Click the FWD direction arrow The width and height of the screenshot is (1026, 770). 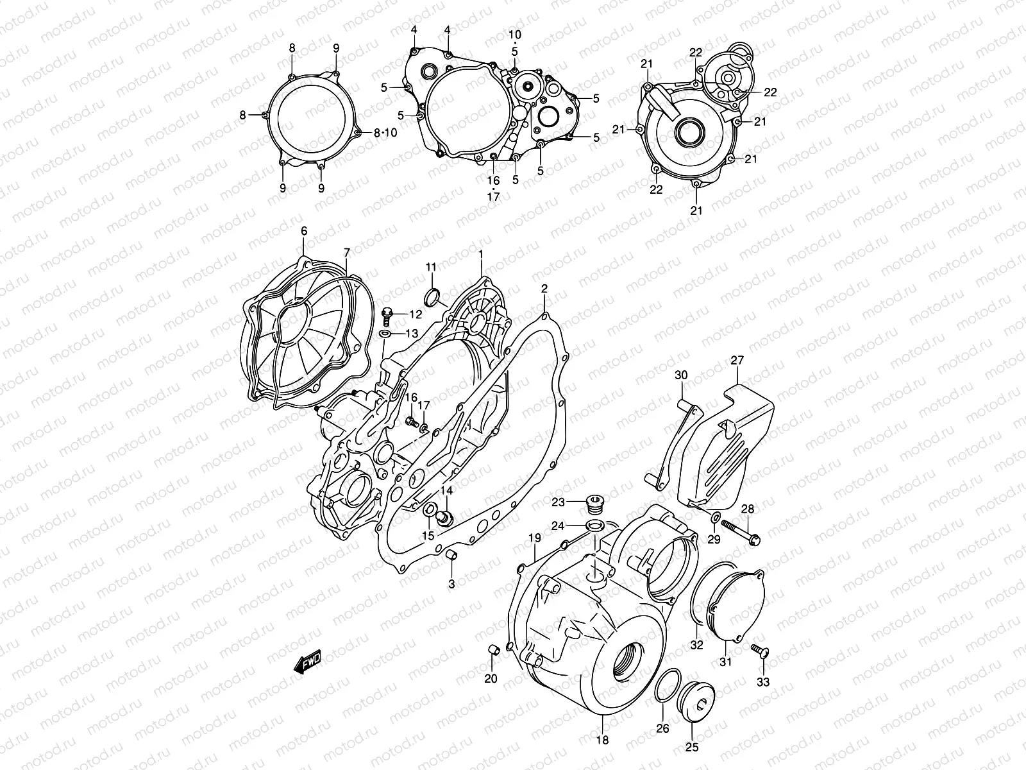[307, 661]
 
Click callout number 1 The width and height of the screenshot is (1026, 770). [480, 255]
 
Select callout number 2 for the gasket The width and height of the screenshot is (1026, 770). [544, 289]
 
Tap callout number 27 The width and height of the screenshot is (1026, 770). [737, 361]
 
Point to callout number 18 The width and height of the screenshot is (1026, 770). [602, 740]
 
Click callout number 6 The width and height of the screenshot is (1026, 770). [304, 230]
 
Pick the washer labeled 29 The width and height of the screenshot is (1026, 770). [715, 518]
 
